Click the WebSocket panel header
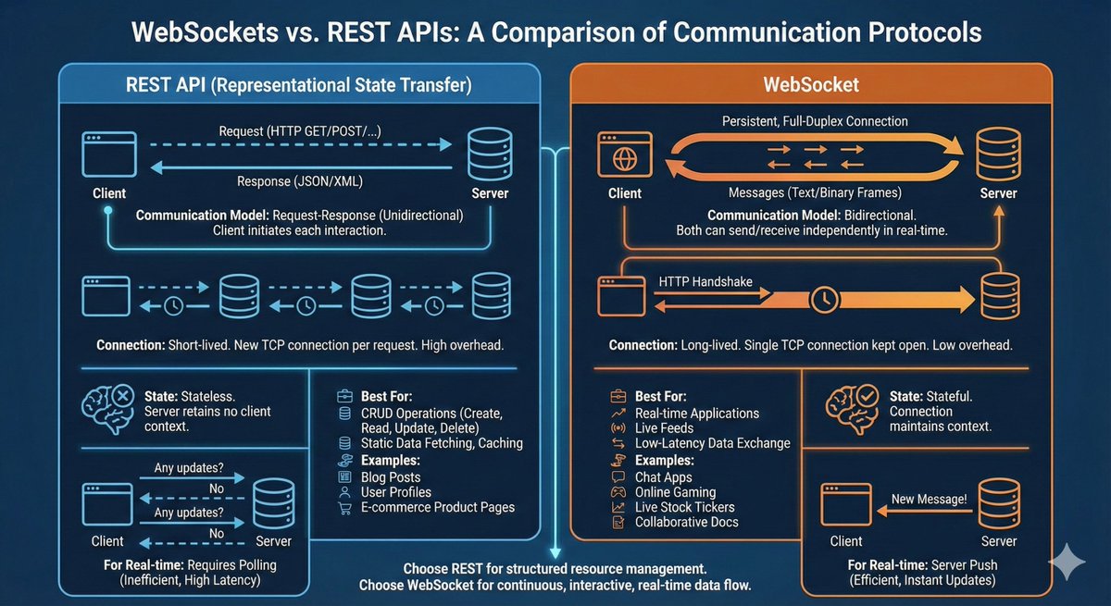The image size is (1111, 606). pyautogui.click(x=811, y=84)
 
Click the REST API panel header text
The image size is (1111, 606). pyautogui.click(x=299, y=85)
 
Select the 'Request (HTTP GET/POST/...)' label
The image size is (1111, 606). pyautogui.click(x=300, y=132)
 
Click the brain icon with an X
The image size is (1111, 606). pyautogui.click(x=106, y=408)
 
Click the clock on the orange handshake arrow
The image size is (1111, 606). pyautogui.click(x=822, y=299)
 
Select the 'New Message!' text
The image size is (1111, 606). pyautogui.click(x=928, y=500)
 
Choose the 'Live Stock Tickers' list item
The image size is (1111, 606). pyautogui.click(x=684, y=507)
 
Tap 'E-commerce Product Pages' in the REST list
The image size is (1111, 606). pyautogui.click(x=439, y=507)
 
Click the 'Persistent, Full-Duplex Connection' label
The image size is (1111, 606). pyautogui.click(x=815, y=121)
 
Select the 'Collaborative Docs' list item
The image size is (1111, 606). pyautogui.click(x=686, y=523)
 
